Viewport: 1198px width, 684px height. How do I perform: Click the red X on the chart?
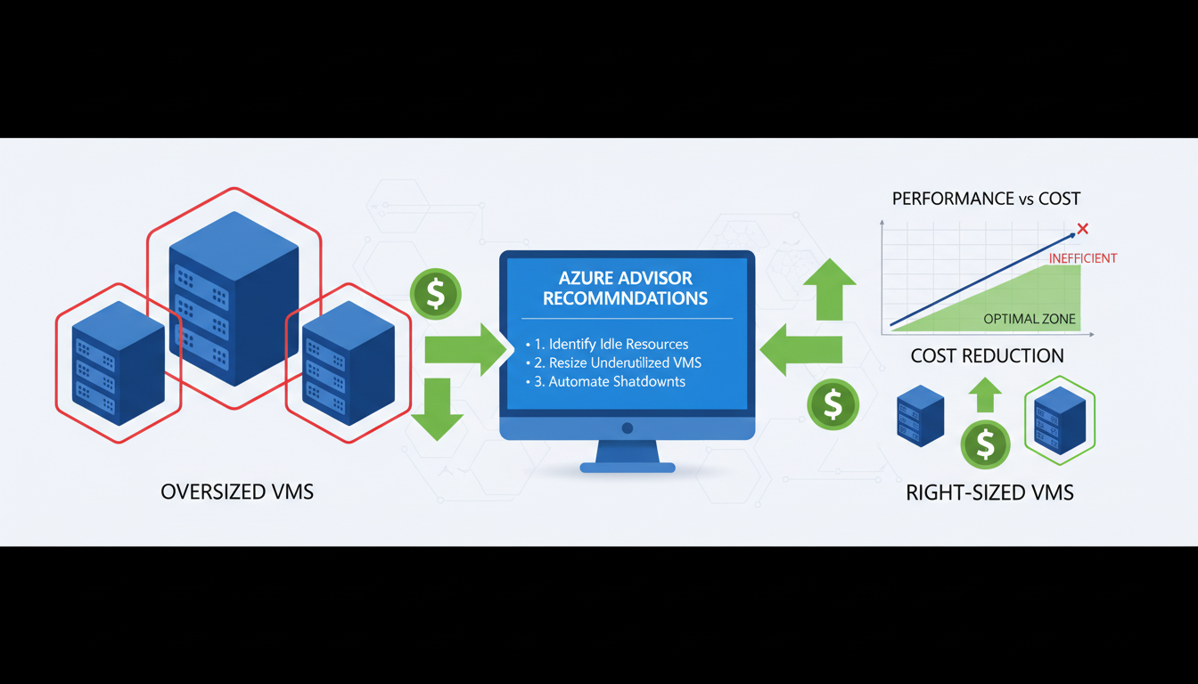pyautogui.click(x=1082, y=230)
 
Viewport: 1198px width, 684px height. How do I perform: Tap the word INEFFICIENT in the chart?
pyautogui.click(x=1082, y=258)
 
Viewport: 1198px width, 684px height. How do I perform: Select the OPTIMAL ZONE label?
pyautogui.click(x=1029, y=319)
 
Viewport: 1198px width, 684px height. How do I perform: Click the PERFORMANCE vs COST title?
pyautogui.click(x=986, y=199)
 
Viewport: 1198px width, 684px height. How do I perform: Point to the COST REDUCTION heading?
pyautogui.click(x=987, y=356)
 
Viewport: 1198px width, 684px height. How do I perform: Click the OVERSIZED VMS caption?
pyautogui.click(x=237, y=492)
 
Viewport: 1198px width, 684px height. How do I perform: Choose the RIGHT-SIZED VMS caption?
pyautogui.click(x=989, y=493)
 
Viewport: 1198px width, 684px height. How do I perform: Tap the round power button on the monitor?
pyautogui.click(x=628, y=428)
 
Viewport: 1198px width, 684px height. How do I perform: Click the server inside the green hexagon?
pyautogui.click(x=1060, y=420)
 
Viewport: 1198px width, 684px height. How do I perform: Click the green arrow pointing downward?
pyautogui.click(x=437, y=410)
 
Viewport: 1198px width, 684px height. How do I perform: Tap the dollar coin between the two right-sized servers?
pyautogui.click(x=985, y=444)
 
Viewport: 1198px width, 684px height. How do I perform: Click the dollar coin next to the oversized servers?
pyautogui.click(x=435, y=294)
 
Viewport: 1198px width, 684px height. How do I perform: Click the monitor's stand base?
pyautogui.click(x=628, y=467)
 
